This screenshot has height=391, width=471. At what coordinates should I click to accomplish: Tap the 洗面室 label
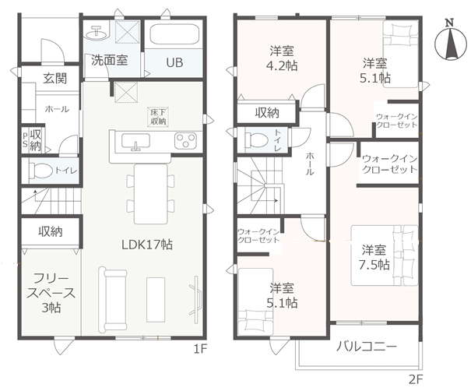tap(110, 61)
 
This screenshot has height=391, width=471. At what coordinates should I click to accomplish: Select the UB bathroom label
tap(174, 62)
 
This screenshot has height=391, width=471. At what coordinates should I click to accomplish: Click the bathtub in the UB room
tap(174, 35)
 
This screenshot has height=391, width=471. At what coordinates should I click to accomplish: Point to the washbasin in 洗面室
tap(97, 33)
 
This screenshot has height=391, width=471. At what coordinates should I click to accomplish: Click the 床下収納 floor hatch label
tap(158, 117)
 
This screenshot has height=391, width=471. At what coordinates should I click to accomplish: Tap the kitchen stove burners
tap(186, 141)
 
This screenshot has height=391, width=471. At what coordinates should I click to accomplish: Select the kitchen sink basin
tap(135, 142)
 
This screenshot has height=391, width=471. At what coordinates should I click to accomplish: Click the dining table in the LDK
tap(150, 194)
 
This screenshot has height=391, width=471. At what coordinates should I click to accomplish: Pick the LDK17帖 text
tap(147, 245)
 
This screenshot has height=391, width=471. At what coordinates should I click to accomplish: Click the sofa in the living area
tap(113, 298)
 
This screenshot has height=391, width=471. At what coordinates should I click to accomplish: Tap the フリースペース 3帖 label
tap(51, 293)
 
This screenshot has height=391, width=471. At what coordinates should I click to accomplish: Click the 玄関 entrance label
tap(54, 79)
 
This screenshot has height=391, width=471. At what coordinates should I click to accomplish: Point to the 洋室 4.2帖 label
tap(282, 58)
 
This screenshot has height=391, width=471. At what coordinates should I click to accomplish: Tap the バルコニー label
tap(366, 347)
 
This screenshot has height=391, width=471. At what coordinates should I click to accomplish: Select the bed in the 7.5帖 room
tap(385, 255)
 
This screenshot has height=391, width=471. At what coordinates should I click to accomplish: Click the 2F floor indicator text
tap(416, 380)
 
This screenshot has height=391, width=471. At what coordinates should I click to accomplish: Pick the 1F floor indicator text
tap(200, 349)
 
